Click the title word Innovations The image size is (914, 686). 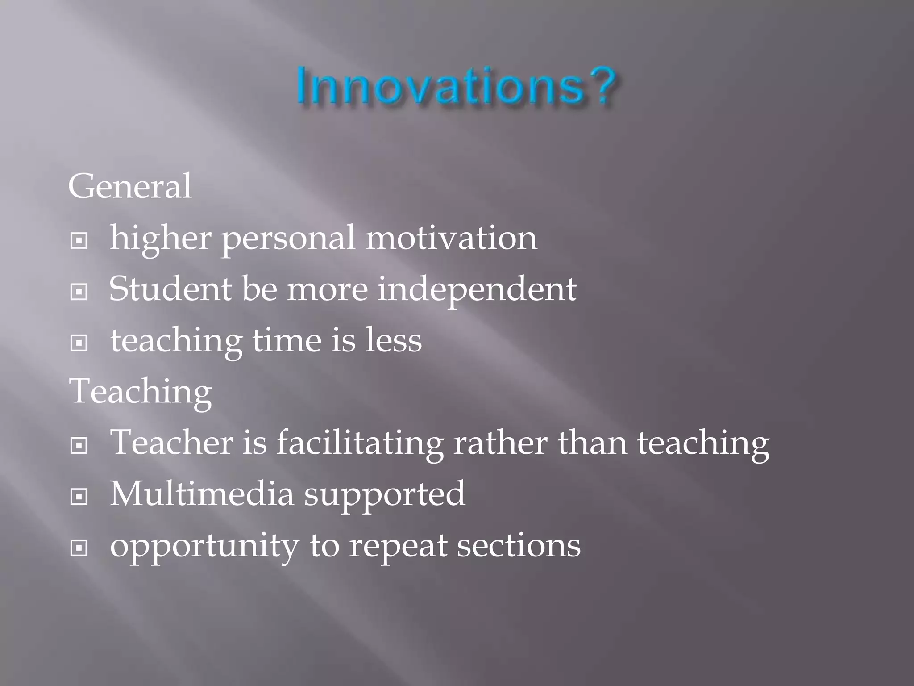440,86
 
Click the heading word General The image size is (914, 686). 130,186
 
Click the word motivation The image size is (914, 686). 451,238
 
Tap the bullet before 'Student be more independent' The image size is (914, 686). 79,293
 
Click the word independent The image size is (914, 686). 477,289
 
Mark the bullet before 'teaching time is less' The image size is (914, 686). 79,343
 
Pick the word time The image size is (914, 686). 287,340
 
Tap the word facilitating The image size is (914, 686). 360,443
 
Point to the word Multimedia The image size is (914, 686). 202,494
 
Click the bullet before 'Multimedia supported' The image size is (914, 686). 79,497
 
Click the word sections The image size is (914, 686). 519,546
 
